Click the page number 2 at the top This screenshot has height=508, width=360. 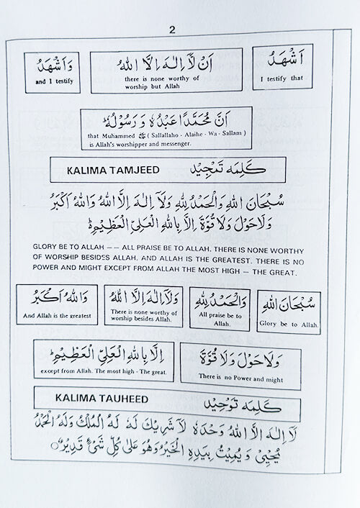[172, 30]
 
